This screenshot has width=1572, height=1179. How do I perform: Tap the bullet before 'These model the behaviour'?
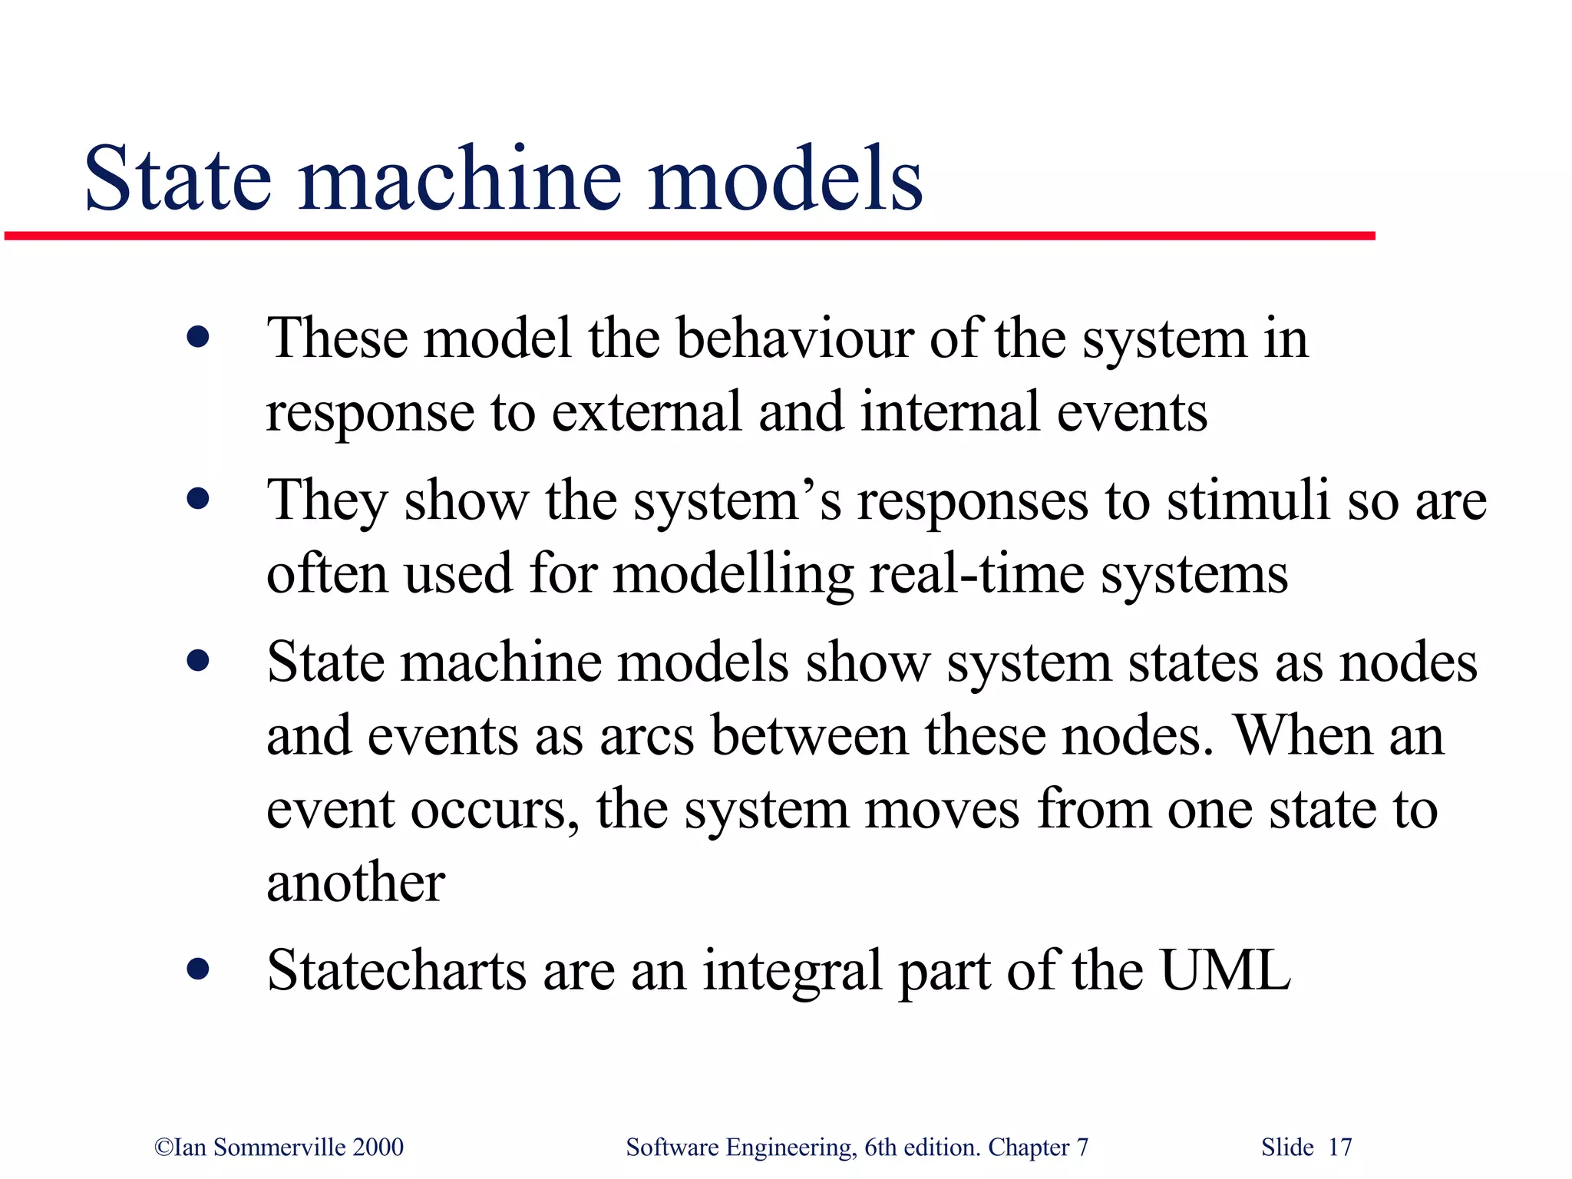click(x=198, y=338)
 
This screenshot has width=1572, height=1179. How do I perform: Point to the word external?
click(x=646, y=412)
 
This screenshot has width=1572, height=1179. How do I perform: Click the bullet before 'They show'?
click(x=198, y=500)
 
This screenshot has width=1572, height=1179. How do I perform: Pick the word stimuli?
click(x=1248, y=500)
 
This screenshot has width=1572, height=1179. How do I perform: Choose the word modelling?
click(x=733, y=574)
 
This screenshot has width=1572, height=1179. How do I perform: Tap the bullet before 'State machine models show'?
click(x=198, y=661)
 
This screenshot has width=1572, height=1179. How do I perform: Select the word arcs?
click(x=647, y=736)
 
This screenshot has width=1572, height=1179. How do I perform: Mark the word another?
click(x=355, y=882)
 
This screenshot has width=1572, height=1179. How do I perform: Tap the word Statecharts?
click(x=396, y=970)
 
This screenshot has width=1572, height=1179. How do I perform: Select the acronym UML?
click(x=1225, y=970)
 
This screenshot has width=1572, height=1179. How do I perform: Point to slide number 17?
click(x=1339, y=1148)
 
